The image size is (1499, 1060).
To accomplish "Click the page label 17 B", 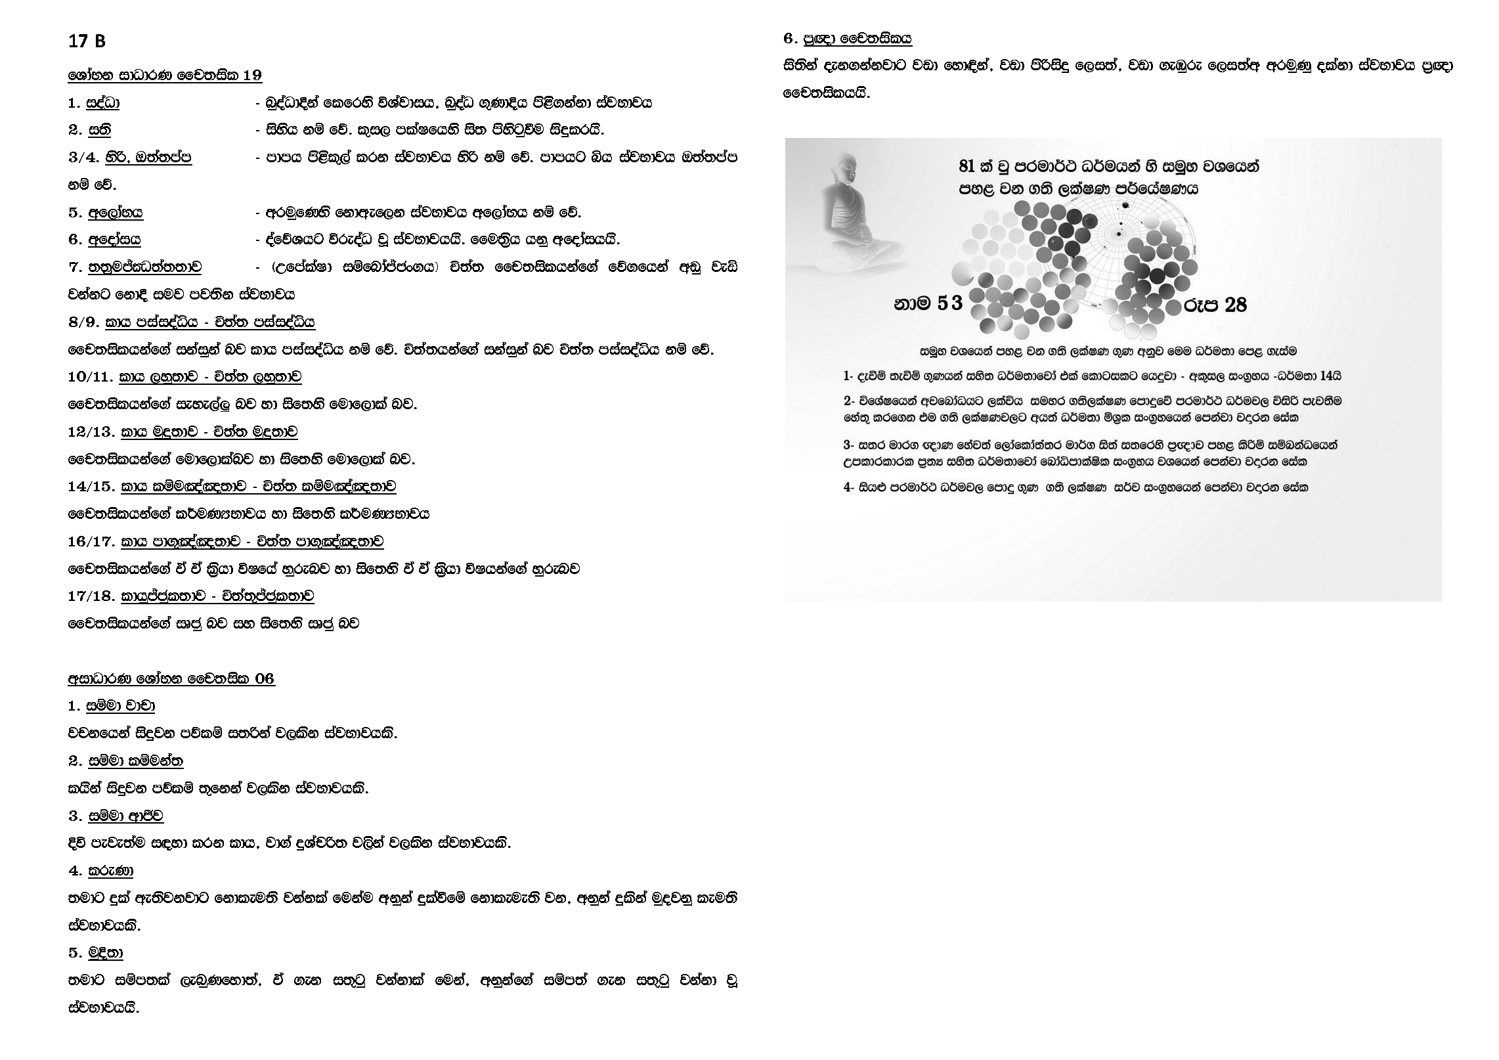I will pyautogui.click(x=87, y=41).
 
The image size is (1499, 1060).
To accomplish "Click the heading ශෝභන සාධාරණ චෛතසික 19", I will pyautogui.click(x=165, y=76).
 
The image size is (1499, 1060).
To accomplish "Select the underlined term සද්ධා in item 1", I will pyautogui.click(x=104, y=103).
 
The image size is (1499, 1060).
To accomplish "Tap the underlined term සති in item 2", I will pyautogui.click(x=99, y=130).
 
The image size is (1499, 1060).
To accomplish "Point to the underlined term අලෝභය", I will pyautogui.click(x=116, y=212).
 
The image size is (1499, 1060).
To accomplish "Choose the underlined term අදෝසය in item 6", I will pyautogui.click(x=114, y=240).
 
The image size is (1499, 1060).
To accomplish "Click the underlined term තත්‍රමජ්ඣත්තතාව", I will pyautogui.click(x=144, y=267).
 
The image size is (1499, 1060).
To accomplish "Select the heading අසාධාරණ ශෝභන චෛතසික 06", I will pyautogui.click(x=171, y=678).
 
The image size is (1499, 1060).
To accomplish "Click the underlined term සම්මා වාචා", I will pyautogui.click(x=121, y=706).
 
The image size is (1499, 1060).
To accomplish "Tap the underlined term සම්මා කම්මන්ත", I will pyautogui.click(x=135, y=761).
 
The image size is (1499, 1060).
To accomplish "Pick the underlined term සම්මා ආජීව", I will pyautogui.click(x=125, y=816).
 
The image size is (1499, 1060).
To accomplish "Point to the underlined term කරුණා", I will pyautogui.click(x=110, y=871).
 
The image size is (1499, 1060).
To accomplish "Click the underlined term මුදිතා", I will pyautogui.click(x=105, y=953).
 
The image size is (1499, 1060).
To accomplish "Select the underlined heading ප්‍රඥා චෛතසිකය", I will pyautogui.click(x=858, y=39).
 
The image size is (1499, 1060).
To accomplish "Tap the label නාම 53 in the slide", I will pyautogui.click(x=927, y=303).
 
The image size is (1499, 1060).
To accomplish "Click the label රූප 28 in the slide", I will pyautogui.click(x=1215, y=305).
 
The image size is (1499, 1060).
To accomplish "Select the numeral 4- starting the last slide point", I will pyautogui.click(x=848, y=488).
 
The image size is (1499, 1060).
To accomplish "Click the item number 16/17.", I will pyautogui.click(x=91, y=542).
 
